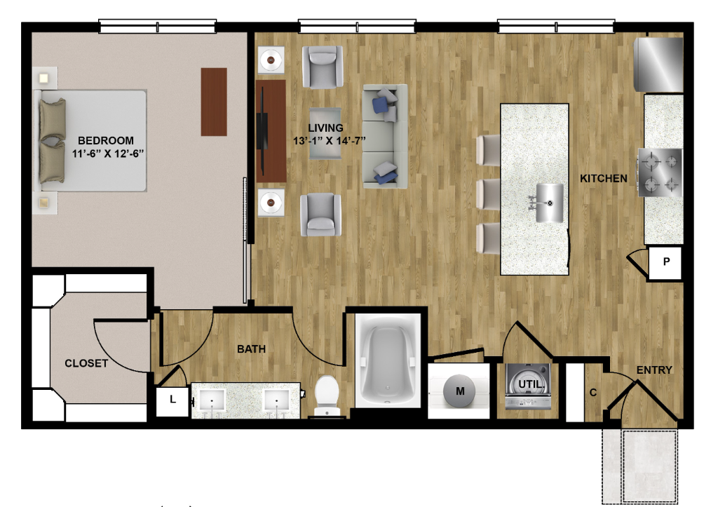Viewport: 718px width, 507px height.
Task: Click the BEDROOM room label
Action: [x=106, y=140]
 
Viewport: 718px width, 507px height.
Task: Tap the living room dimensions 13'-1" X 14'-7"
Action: [x=330, y=141]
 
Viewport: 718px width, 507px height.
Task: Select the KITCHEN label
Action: [x=604, y=178]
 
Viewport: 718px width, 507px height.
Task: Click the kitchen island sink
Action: [x=550, y=203]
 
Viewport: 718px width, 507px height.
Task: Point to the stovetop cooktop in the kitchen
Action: [x=660, y=173]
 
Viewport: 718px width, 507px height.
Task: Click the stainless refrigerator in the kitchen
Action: [x=658, y=65]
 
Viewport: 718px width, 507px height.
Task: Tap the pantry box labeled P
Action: [x=665, y=262]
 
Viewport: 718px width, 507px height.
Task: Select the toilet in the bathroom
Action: [x=327, y=396]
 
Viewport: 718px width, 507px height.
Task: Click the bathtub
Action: [x=388, y=360]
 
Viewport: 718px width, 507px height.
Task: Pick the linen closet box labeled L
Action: [x=172, y=401]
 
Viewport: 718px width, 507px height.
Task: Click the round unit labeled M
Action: [x=460, y=391]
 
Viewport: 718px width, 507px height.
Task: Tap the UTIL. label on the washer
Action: [x=531, y=384]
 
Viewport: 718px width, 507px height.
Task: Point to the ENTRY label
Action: [x=654, y=370]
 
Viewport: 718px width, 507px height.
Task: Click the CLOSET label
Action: [x=86, y=363]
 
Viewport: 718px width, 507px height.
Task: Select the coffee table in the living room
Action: [x=325, y=133]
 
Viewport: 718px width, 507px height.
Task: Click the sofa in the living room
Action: [x=385, y=136]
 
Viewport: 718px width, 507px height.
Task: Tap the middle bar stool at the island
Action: [x=488, y=195]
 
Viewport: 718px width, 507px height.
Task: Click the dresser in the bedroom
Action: [x=214, y=102]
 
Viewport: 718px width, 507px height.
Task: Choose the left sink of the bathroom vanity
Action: [x=212, y=401]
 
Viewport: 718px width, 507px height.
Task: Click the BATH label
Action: [x=252, y=349]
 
